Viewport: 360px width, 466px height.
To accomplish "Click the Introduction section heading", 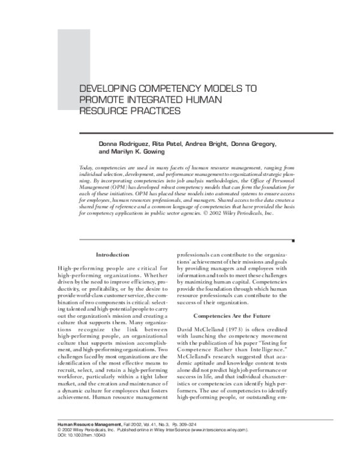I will click(113, 255).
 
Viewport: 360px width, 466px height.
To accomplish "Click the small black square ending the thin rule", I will click(292, 240).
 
